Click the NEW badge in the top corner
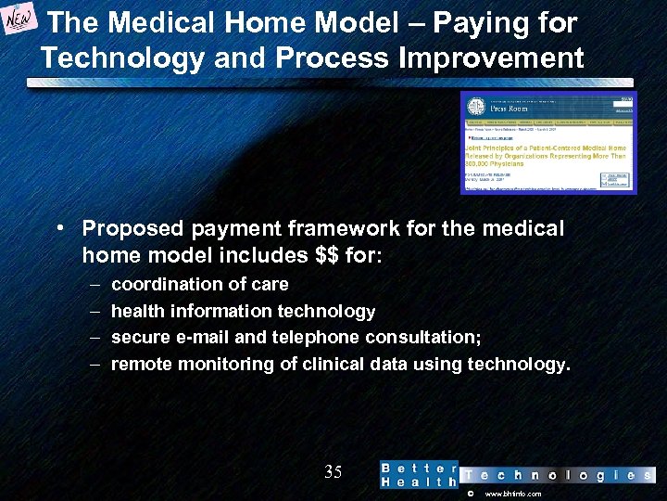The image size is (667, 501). click(x=20, y=21)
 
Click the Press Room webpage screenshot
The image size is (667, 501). click(x=548, y=142)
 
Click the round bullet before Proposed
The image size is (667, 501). click(x=59, y=228)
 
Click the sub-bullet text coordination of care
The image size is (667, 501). click(x=199, y=284)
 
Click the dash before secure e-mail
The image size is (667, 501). click(x=95, y=338)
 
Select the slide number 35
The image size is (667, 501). click(x=333, y=472)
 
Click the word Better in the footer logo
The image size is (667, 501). click(x=419, y=468)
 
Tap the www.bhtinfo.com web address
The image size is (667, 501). click(x=513, y=495)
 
